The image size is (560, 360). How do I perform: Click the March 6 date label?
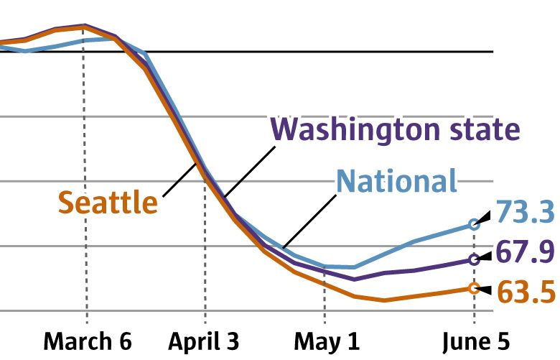click(88, 340)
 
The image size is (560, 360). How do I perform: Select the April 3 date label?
click(204, 340)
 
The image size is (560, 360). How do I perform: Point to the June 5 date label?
click(475, 340)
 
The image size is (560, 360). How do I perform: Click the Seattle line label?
click(108, 203)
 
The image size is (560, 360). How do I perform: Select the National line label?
click(397, 181)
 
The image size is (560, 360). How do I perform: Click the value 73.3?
click(526, 213)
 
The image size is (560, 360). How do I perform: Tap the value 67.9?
click(526, 253)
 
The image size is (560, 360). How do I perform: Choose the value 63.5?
click(526, 292)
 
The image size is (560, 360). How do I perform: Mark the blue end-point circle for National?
click(473, 224)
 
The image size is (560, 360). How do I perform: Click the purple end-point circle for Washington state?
click(473, 259)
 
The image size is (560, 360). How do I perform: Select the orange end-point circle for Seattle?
click(473, 288)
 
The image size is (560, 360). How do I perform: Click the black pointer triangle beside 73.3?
click(485, 216)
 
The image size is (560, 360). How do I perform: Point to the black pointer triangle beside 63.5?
click(485, 290)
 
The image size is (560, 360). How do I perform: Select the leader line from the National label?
click(309, 222)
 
